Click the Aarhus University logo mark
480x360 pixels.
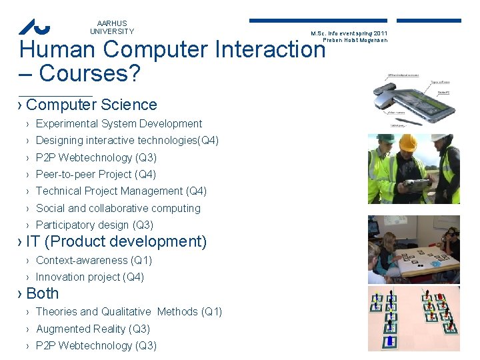click(34, 26)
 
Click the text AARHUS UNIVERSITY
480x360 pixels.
click(112, 27)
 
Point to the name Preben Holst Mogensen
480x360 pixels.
click(355, 40)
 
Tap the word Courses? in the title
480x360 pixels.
click(91, 74)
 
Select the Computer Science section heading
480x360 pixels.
click(91, 105)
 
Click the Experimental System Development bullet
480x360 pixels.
click(119, 123)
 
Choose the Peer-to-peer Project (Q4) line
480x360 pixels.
click(95, 174)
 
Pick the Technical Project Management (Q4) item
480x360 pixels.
click(121, 191)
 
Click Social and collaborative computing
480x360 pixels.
click(118, 208)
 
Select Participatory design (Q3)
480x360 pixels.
click(94, 225)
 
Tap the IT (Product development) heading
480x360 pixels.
click(117, 241)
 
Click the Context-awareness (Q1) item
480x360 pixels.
click(93, 260)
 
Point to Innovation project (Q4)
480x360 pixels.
click(89, 277)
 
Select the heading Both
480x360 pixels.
click(43, 293)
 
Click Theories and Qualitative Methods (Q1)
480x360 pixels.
click(129, 311)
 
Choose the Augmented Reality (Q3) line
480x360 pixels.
click(93, 329)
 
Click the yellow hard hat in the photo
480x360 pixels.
click(408, 142)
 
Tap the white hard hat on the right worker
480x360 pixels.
click(441, 138)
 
